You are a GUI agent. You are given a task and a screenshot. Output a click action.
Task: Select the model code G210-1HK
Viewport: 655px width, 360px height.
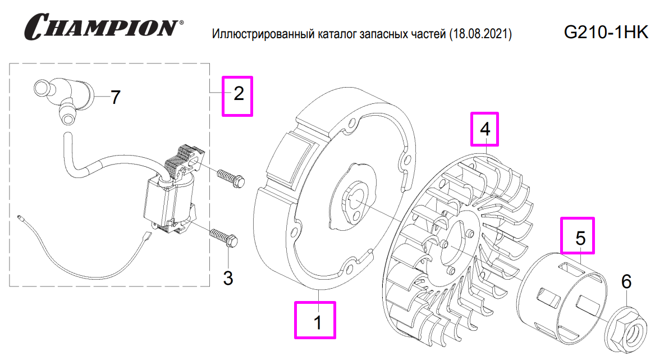point(606,33)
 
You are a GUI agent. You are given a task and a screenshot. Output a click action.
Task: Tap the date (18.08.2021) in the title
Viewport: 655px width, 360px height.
point(480,35)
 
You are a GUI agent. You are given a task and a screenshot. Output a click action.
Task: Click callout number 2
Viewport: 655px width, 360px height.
point(239,94)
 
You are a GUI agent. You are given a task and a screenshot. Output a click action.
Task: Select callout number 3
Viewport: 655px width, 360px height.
point(228,277)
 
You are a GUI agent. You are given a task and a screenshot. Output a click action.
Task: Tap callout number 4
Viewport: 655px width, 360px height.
point(485,129)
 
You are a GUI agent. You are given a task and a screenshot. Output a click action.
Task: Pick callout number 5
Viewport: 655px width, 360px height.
point(580,237)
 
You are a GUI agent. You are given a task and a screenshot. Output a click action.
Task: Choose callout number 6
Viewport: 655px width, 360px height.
point(626,281)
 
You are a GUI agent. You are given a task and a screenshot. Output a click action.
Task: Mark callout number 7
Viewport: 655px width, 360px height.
point(115,98)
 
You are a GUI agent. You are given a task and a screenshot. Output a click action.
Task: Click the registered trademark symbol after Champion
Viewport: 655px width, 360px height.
point(180,24)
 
